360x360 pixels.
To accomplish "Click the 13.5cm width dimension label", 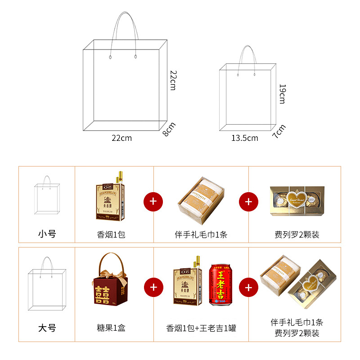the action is click(245, 138).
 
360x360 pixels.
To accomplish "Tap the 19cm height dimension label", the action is click(282, 94).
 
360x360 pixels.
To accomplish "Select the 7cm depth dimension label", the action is click(279, 131).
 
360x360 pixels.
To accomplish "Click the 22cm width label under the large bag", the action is click(121, 138).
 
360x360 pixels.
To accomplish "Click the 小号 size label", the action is click(47, 234).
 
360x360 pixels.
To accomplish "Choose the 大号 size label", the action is click(47, 328).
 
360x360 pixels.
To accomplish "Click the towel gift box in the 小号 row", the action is click(201, 198).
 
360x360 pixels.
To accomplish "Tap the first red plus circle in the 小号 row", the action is click(153, 201).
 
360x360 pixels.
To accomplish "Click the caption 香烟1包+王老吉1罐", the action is click(201, 328).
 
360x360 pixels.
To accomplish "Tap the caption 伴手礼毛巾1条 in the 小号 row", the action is click(201, 234).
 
